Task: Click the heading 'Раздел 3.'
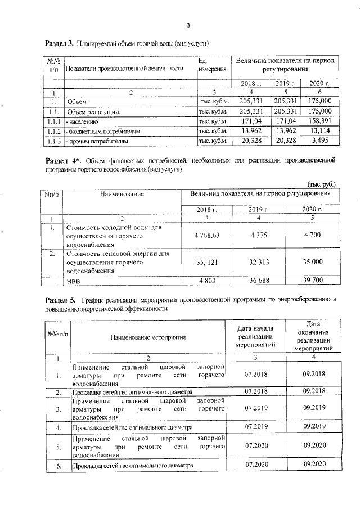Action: [x=59, y=43]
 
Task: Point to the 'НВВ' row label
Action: [x=74, y=280]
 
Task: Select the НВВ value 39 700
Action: [x=312, y=280]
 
